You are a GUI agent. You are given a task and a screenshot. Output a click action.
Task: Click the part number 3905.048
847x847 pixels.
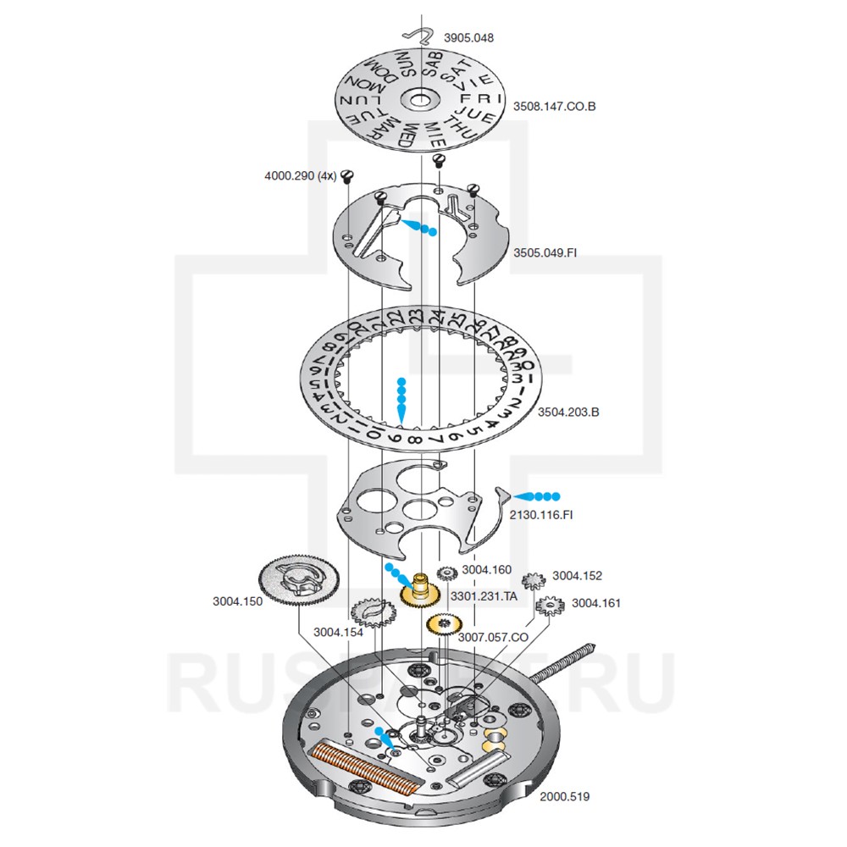coord(468,38)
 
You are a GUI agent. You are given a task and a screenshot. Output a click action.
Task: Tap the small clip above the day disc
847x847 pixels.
coord(418,35)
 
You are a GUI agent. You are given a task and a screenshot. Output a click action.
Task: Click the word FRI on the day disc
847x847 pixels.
coord(474,99)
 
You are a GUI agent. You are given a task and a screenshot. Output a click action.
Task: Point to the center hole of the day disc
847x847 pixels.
coord(420,99)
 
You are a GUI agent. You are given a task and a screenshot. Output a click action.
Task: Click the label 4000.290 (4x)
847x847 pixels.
coord(301,176)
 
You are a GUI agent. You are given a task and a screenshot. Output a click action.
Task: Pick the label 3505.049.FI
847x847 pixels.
coord(551,252)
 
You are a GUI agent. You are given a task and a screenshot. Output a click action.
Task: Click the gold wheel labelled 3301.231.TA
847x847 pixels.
coord(418,593)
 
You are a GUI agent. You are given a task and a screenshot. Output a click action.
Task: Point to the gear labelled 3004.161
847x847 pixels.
coord(550,606)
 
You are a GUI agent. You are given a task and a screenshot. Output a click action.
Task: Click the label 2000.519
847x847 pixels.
coord(566,796)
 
